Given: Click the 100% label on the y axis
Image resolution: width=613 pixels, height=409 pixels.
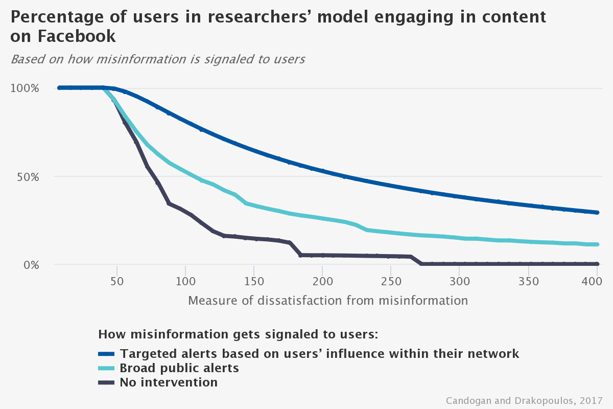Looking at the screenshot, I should (25, 88).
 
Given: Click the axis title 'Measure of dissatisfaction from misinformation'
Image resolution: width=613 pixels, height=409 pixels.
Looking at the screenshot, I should (328, 301).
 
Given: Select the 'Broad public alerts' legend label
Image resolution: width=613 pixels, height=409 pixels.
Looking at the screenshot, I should (179, 368).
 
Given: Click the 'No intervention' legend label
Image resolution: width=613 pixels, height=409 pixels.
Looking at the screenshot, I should (168, 382).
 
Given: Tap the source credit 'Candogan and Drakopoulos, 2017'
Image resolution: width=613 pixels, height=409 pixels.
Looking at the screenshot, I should (524, 400).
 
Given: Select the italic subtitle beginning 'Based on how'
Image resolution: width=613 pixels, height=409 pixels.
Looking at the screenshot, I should (158, 59).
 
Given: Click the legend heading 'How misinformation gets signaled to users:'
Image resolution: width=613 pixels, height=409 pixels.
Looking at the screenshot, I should (238, 335).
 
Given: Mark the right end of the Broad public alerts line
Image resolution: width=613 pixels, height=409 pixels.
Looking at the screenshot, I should (597, 244).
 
